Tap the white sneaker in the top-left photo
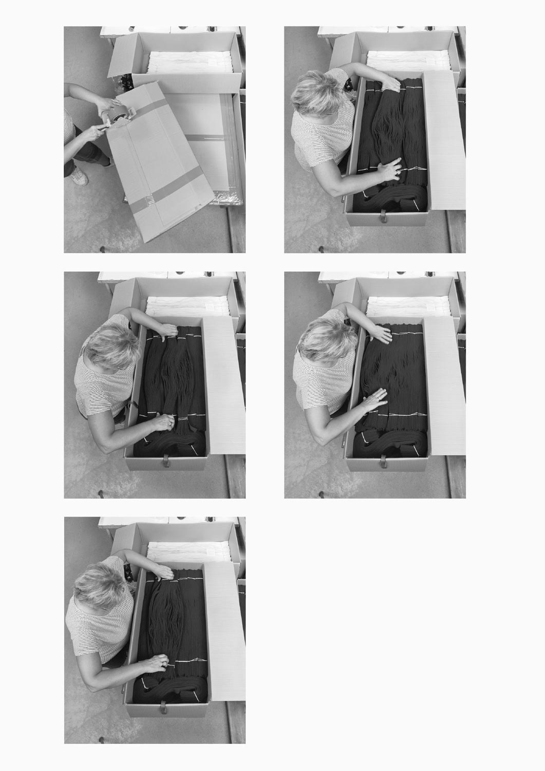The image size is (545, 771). [80, 176]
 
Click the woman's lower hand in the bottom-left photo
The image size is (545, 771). [156, 663]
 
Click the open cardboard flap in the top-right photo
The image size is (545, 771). [446, 139]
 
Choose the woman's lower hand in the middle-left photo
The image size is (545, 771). [163, 423]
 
